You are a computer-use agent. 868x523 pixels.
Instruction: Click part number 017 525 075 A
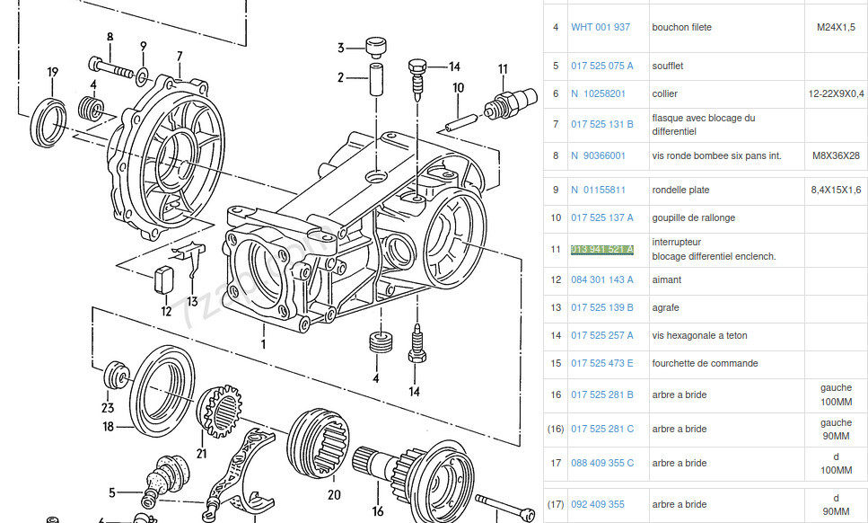point(601,66)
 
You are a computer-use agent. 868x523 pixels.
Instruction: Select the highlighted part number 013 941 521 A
point(601,249)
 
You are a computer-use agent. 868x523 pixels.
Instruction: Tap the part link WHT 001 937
point(601,27)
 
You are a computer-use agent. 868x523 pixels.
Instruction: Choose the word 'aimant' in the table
point(666,279)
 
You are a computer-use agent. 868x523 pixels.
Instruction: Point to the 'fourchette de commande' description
point(705,363)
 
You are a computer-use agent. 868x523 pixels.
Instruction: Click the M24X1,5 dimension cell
point(835,27)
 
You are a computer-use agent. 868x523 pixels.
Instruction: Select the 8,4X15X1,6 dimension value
point(836,190)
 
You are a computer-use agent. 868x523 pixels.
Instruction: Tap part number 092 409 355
point(597,504)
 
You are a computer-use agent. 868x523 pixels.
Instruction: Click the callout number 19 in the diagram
point(53,72)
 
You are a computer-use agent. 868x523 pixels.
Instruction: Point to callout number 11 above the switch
point(503,68)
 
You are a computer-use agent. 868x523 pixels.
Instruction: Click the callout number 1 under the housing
point(263,343)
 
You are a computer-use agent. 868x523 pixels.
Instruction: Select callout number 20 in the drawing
point(334,493)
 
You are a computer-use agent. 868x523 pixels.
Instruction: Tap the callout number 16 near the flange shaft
point(378,511)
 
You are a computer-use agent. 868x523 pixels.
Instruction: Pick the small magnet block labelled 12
point(163,279)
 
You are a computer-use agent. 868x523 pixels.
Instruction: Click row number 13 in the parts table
point(556,307)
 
